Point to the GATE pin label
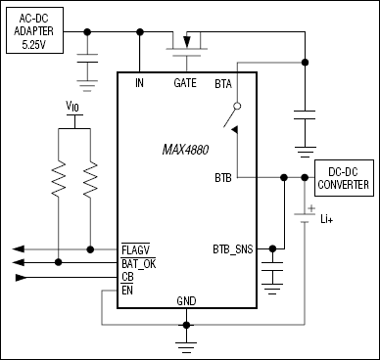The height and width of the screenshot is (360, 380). pyautogui.click(x=185, y=83)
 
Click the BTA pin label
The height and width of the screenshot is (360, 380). pyautogui.click(x=223, y=83)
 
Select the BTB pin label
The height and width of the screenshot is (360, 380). pyautogui.click(x=223, y=177)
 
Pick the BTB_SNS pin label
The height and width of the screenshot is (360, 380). pyautogui.click(x=232, y=247)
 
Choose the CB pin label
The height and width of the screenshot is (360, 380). pyautogui.click(x=127, y=277)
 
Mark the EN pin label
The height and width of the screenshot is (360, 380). pyautogui.click(x=127, y=291)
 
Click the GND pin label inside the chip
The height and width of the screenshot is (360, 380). pyautogui.click(x=186, y=299)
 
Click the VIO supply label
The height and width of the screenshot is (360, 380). pyautogui.click(x=71, y=104)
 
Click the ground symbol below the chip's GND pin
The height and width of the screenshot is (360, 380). pyautogui.click(x=186, y=341)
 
